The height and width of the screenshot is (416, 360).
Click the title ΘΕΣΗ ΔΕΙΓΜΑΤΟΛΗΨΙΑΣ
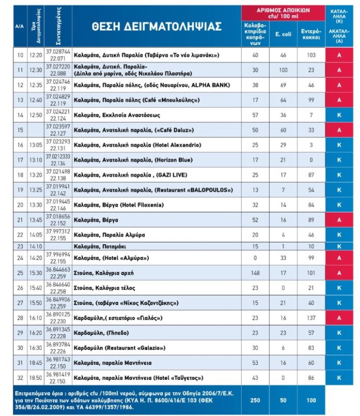pos(157,27)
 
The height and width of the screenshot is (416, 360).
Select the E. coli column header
pos(282,34)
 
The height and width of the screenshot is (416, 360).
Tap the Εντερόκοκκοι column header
pos(311,34)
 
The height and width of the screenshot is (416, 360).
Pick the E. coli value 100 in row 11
pos(283,70)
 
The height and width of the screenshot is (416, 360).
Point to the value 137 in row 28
pos(311,318)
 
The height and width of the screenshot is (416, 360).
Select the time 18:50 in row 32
pos(36,378)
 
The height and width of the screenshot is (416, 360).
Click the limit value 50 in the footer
pos(283,400)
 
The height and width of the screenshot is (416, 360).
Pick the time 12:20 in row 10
pos(36,55)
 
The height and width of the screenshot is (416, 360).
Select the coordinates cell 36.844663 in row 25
pos(57,273)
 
